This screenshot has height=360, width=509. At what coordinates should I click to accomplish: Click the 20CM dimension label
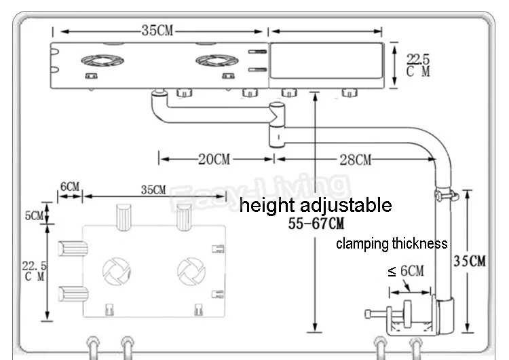coord(214,159)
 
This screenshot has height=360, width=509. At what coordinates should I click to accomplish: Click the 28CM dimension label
coord(356,160)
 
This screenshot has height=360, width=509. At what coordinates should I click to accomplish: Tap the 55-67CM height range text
coord(316,223)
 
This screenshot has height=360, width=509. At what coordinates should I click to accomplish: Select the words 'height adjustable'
coord(316,205)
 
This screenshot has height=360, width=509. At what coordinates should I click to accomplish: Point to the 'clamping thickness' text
coord(392,244)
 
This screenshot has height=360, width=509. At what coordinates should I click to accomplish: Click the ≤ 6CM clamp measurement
coord(406,270)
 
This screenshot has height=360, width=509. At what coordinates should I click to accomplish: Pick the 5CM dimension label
coord(34,215)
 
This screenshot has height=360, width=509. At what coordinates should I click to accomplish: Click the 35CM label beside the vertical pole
coord(470,261)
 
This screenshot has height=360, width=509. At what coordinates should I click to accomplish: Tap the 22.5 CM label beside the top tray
coord(418,65)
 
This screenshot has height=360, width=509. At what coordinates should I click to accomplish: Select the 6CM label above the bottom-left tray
coord(70,187)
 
